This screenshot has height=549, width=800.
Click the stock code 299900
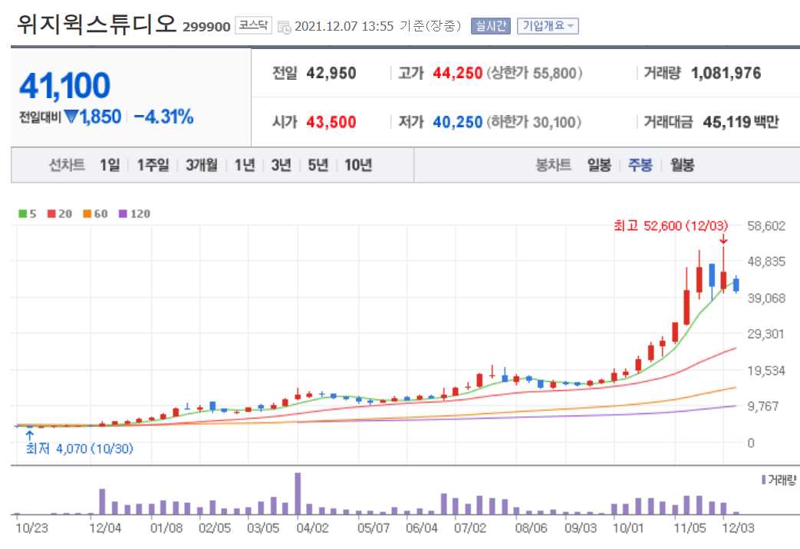206,27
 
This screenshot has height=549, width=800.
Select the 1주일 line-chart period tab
153,165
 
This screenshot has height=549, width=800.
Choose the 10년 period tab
358,165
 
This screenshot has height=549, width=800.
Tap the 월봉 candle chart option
682,165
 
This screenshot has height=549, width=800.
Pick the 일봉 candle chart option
599,165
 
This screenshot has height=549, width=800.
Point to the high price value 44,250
458,74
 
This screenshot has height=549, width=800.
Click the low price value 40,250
458,122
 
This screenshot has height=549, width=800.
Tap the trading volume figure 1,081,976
726,74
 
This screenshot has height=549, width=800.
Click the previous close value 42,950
331,74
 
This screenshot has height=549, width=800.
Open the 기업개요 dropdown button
548,26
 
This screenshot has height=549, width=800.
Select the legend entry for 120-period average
135,214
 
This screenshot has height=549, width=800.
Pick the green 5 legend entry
28,214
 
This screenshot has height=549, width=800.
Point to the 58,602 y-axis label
766,225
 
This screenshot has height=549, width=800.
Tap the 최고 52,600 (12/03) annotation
670,225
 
